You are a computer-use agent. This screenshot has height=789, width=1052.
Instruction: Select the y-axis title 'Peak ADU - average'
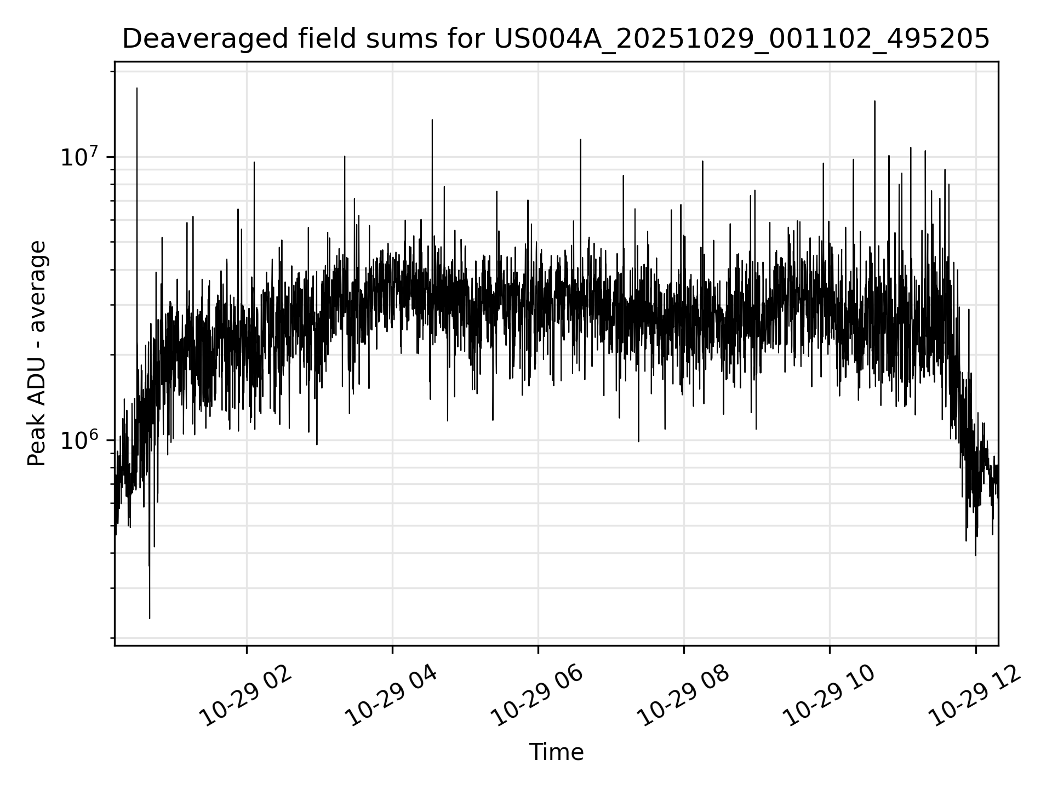(37, 354)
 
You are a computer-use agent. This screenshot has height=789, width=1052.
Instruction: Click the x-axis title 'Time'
(556, 752)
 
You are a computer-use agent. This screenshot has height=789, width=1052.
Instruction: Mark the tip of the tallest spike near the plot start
(137, 88)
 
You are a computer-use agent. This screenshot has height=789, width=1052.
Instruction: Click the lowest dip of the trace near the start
(150, 619)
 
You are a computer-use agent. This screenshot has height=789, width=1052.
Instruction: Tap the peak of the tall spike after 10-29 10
(874, 101)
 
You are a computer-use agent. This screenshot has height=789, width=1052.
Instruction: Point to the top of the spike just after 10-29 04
(432, 119)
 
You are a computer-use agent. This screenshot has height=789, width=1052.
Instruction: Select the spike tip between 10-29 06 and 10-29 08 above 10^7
(580, 140)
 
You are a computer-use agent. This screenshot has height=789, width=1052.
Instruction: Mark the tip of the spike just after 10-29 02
(254, 162)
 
